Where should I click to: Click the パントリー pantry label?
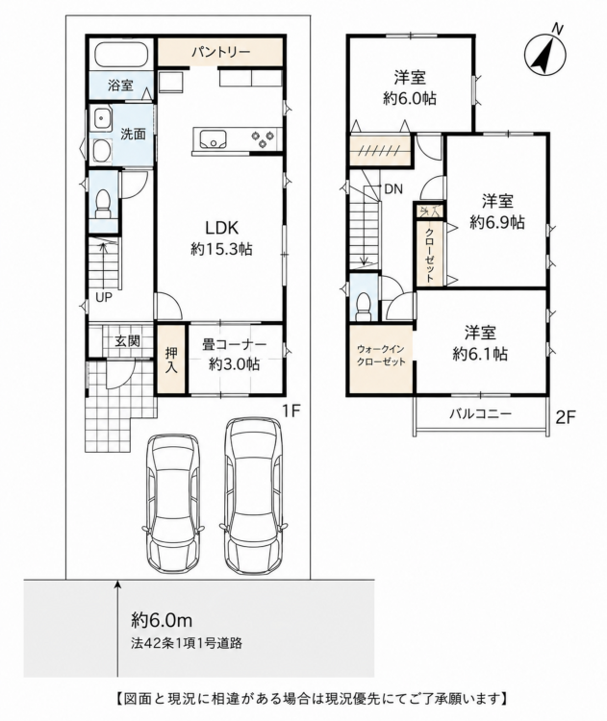pos(221,52)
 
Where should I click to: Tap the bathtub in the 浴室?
pos(121,55)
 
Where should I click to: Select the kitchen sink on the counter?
pos(213,138)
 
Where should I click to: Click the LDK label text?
pos(221,227)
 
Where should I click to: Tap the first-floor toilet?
pos(103,205)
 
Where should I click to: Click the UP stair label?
pos(104,297)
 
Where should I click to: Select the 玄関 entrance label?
pos(128,341)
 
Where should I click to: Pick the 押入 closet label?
pos(171,360)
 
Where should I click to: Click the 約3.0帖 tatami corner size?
pos(235,364)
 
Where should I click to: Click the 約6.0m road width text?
pos(162,620)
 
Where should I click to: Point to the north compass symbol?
pos(545,55)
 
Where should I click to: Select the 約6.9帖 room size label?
pos(497,223)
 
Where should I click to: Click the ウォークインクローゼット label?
pos(382,356)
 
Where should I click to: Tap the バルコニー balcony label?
pos(480,413)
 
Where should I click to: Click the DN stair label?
pos(393,188)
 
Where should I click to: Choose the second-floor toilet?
pos(364,306)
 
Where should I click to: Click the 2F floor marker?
pos(566,417)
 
